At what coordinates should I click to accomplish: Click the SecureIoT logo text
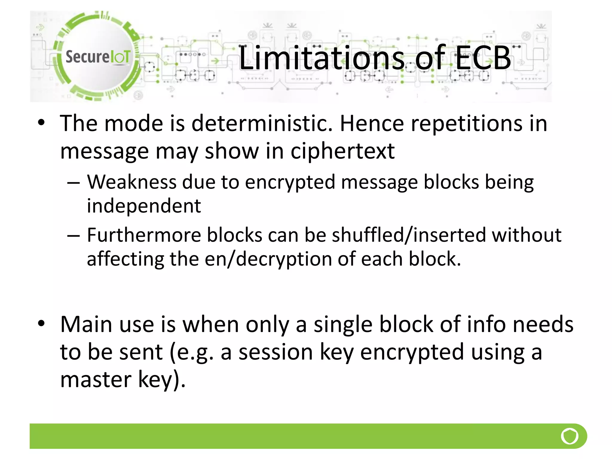[98, 57]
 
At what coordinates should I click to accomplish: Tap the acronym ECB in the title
[483, 57]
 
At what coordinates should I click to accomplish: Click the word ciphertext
[342, 151]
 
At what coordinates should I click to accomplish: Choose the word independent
[144, 206]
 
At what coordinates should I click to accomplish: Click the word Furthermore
[144, 235]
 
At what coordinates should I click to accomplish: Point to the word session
[276, 352]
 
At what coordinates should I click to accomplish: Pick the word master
[96, 380]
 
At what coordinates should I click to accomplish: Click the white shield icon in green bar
[570, 436]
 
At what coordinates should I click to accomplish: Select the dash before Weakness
[74, 183]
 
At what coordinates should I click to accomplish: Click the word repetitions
[467, 123]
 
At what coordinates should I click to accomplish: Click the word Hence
[372, 123]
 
